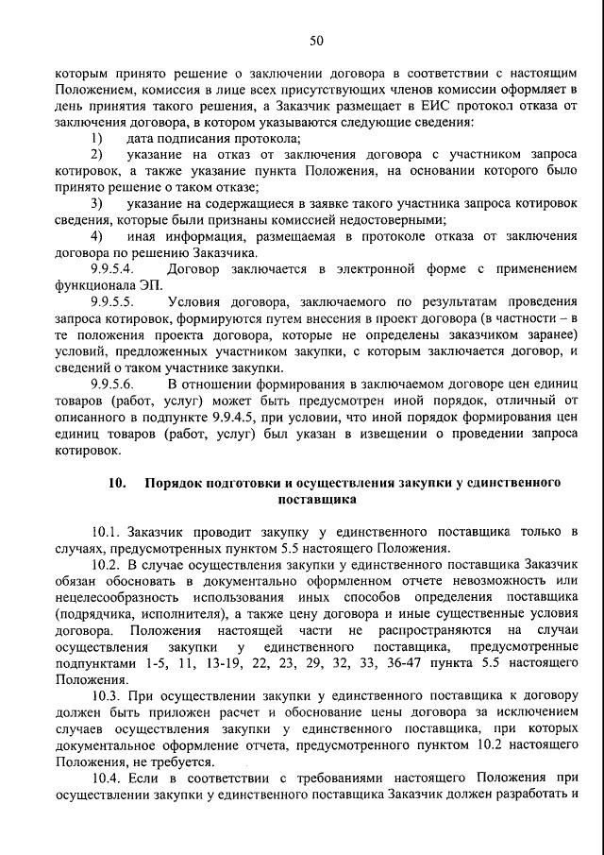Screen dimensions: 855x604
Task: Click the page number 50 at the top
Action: (316, 39)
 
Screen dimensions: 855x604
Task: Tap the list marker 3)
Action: (96, 203)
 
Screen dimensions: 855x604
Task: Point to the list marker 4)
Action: (96, 236)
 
